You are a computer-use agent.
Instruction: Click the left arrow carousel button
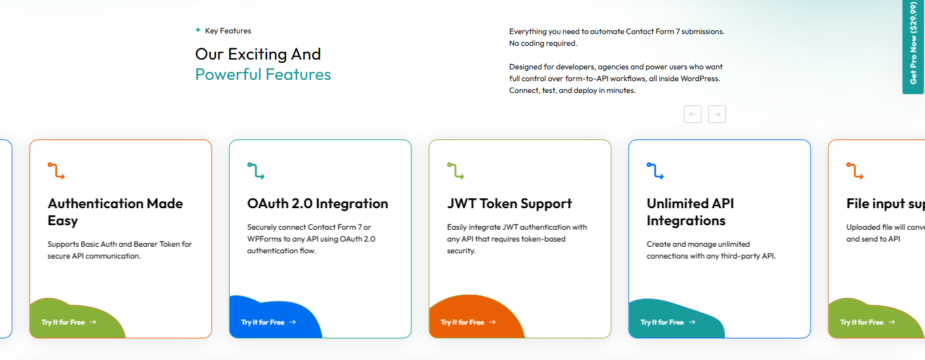coord(693,114)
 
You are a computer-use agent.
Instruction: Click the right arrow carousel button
coord(717,114)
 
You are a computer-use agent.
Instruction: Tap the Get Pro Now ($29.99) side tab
coord(913,46)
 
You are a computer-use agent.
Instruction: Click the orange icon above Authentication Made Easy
coord(56,171)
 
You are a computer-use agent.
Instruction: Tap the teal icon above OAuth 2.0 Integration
coord(256,171)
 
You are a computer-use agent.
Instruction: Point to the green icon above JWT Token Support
coord(456,171)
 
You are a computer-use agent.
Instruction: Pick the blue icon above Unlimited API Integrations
coord(655,171)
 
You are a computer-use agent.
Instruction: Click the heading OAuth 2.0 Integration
coord(317,204)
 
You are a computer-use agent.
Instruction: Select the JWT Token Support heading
coord(509,204)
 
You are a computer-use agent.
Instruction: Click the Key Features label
coord(228,31)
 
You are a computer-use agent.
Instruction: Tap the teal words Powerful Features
coord(263,75)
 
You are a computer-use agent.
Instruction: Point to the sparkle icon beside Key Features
coord(198,30)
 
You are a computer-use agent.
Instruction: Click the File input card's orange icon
coord(855,171)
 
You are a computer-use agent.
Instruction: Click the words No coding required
coord(543,43)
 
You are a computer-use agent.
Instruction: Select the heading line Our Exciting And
coord(258,54)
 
